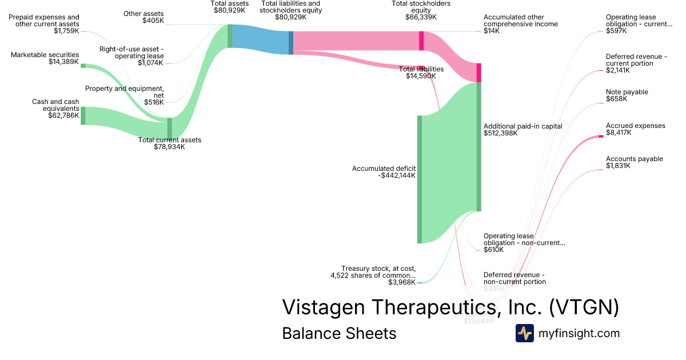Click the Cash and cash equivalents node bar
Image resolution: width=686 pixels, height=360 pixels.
(x=83, y=115)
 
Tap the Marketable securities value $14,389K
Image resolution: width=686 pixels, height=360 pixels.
(x=63, y=62)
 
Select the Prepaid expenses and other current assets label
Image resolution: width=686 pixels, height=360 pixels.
(x=44, y=21)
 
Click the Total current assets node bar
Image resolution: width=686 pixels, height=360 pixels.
(x=169, y=128)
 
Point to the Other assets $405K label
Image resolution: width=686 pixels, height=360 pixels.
(x=143, y=17)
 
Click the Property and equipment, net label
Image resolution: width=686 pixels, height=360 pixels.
(x=125, y=92)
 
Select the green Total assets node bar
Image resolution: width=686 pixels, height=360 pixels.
(x=230, y=36)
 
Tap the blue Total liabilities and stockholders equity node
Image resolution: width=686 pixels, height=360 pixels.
(x=291, y=43)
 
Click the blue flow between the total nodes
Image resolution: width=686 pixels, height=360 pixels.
(x=260, y=40)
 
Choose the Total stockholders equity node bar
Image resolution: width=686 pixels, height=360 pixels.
(x=421, y=41)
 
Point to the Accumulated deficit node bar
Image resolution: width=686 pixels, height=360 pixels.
(x=420, y=179)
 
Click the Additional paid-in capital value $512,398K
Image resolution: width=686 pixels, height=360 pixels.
(x=500, y=133)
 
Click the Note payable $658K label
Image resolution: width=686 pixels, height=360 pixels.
(x=627, y=95)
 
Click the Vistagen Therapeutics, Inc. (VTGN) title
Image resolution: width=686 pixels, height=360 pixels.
(x=450, y=307)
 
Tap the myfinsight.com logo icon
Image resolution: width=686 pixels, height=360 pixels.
(x=524, y=333)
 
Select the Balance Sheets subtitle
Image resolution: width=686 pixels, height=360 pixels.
(x=339, y=333)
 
